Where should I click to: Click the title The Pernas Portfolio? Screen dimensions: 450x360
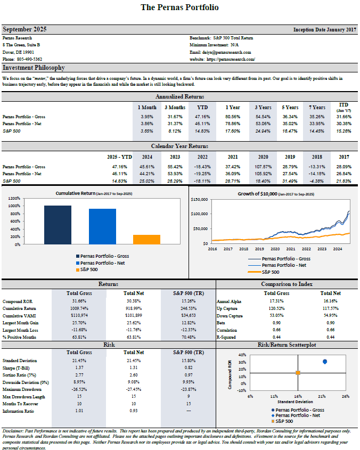coord(179,7)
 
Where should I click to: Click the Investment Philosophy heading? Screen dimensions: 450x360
coord(34,68)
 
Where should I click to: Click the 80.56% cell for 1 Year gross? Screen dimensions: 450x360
coord(232,116)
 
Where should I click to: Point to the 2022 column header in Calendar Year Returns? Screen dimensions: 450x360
coord(202,157)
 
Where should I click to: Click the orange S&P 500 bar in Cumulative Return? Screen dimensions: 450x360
coord(146,239)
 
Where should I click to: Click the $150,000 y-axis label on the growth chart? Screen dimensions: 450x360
coord(200,199)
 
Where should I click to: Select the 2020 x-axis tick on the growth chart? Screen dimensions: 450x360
coord(274,249)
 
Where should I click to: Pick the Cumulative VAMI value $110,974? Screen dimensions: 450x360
coord(79,316)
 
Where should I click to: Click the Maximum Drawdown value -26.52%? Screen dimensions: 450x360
coord(79,390)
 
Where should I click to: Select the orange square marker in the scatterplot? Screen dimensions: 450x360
coord(298,373)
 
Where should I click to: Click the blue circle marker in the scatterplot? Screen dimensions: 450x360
coord(325,362)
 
